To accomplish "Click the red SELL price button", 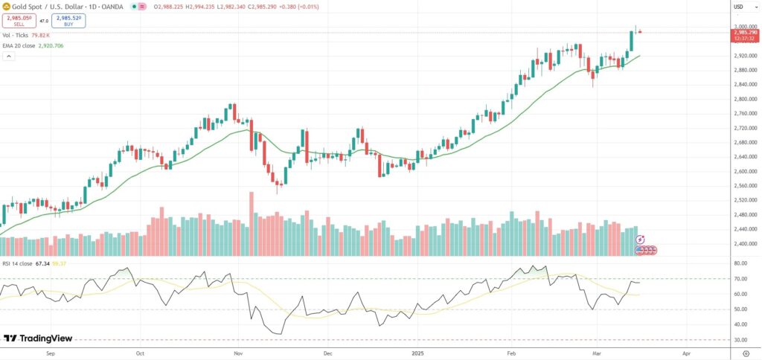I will (19, 21).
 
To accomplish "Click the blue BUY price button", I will (68, 21).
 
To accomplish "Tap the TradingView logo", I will (38, 338).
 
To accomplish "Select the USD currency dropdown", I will (739, 7).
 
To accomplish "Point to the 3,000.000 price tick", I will (744, 27).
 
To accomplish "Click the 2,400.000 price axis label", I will (744, 244).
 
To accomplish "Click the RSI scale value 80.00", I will (740, 263).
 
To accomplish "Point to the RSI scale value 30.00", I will (740, 340).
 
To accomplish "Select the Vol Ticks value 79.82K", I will (40, 35).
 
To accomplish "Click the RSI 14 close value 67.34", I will (42, 263).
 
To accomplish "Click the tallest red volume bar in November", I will (252, 224).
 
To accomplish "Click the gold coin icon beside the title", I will (7, 7).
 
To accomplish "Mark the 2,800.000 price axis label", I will (744, 99).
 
